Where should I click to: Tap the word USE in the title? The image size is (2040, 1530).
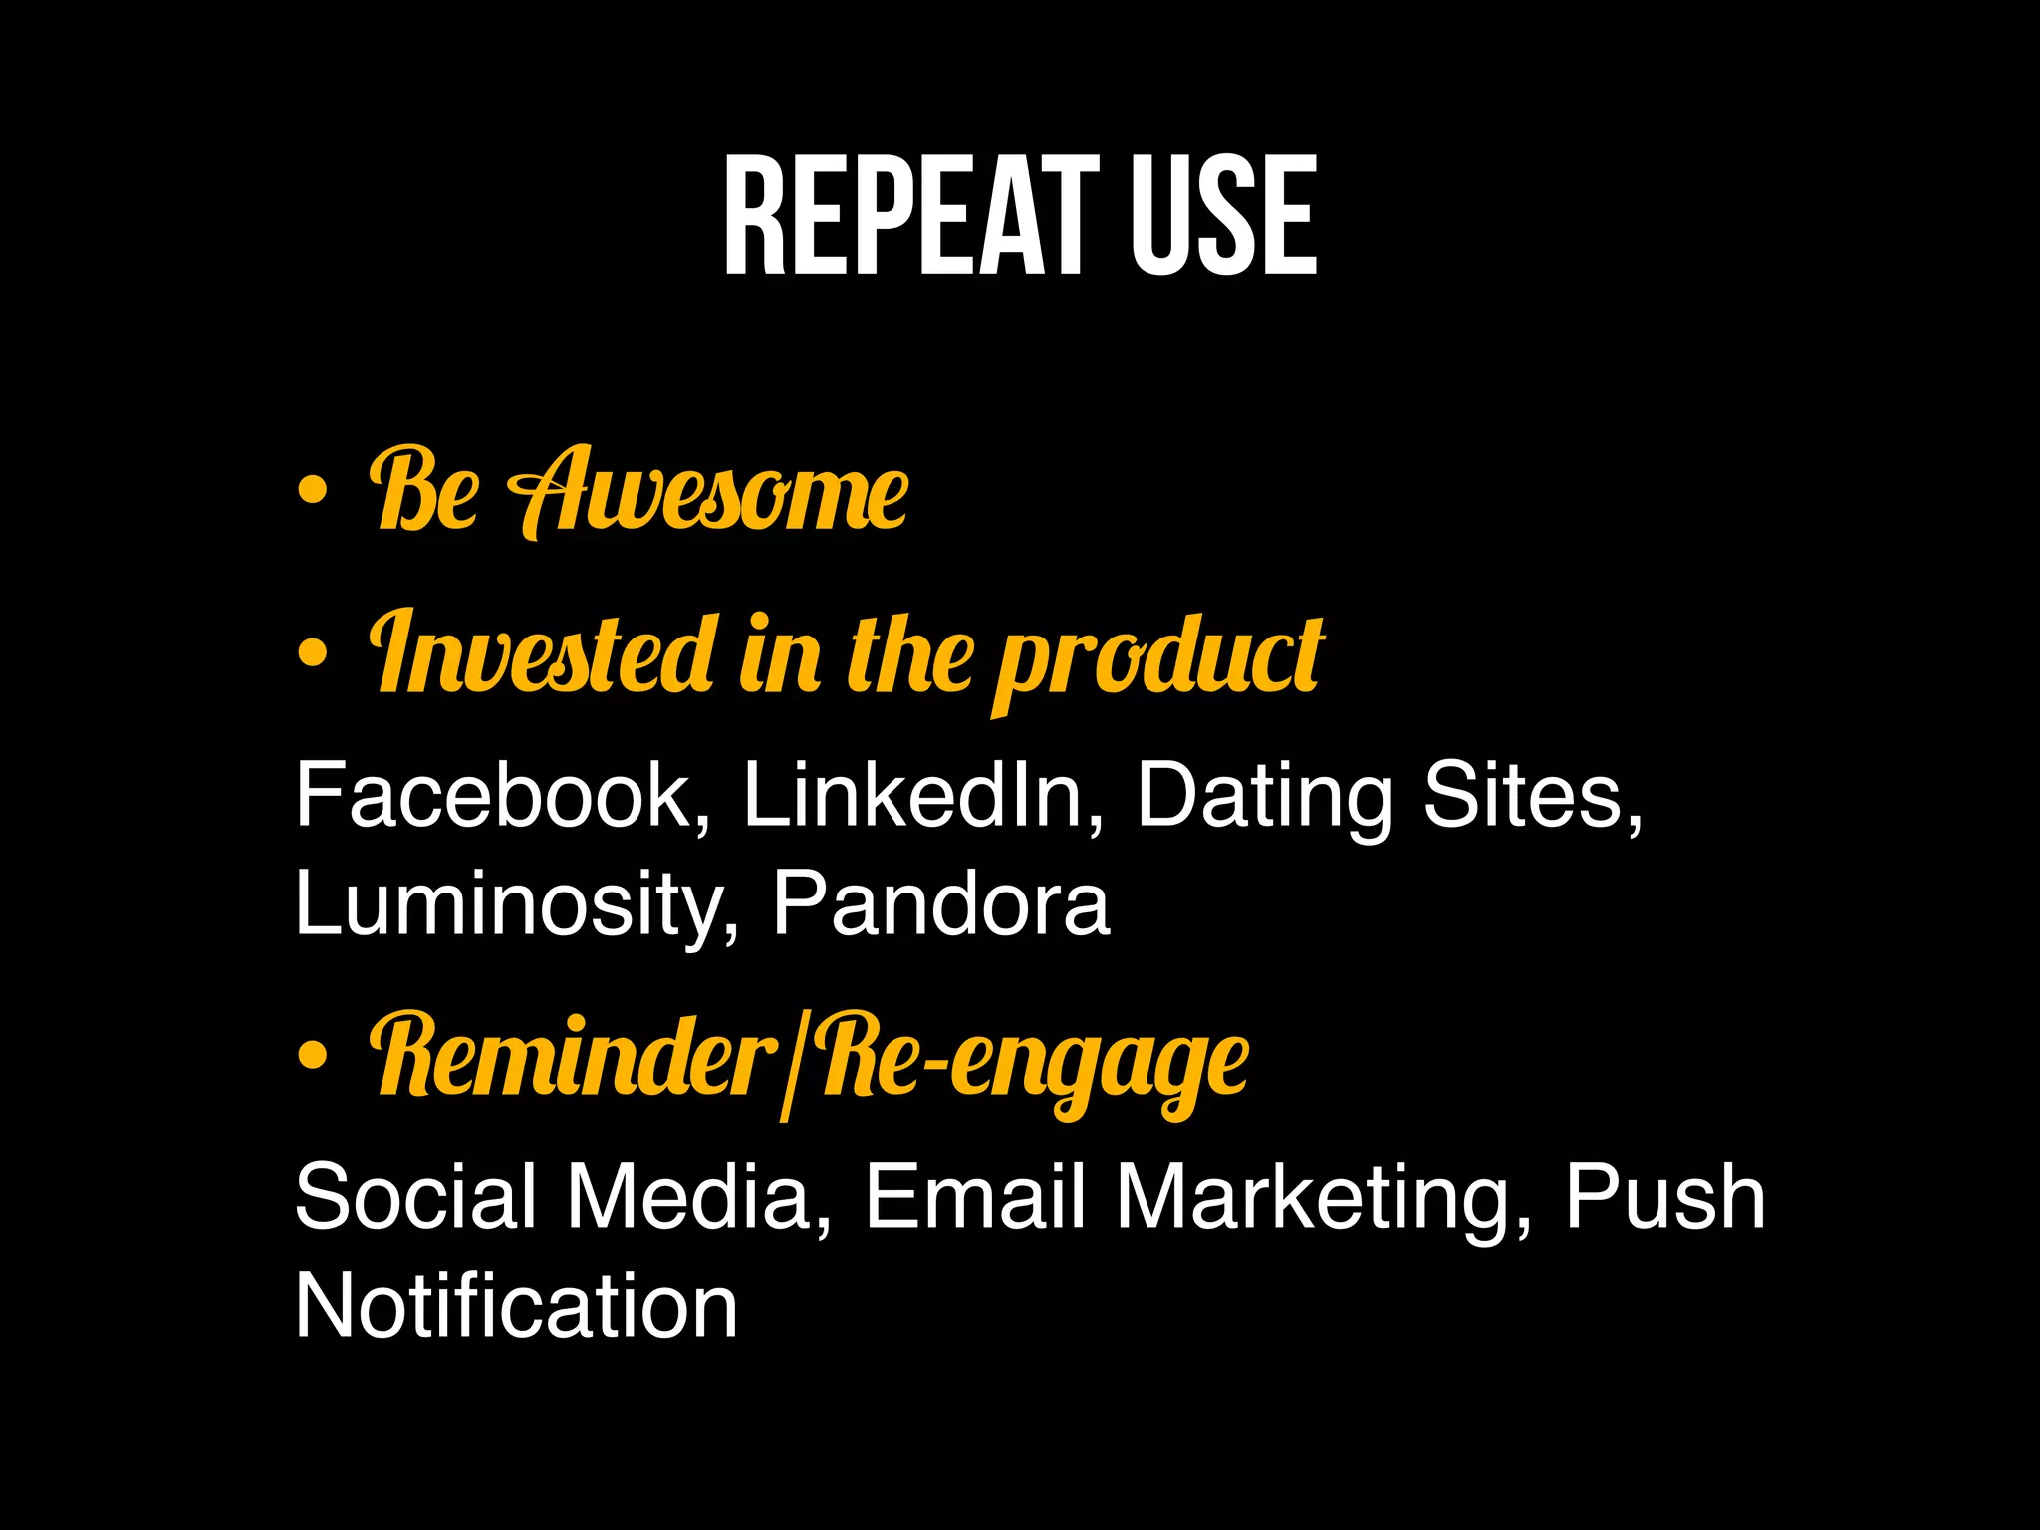tap(1223, 216)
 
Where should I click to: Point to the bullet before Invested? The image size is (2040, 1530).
tap(312, 653)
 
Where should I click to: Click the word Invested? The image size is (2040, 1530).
tap(544, 653)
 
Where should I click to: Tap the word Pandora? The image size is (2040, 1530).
tap(940, 902)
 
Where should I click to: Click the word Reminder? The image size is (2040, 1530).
tap(574, 1056)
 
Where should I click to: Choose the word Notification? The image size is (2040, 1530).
tap(516, 1305)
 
